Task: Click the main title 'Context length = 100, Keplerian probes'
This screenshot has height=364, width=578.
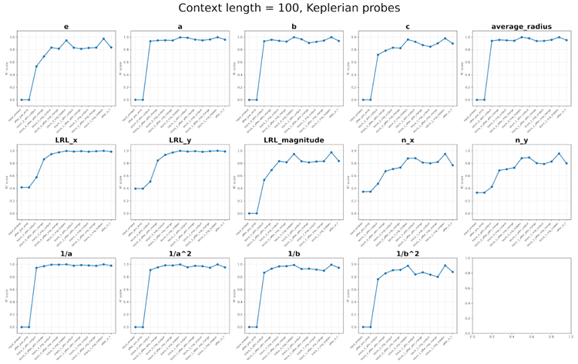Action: [x=289, y=8]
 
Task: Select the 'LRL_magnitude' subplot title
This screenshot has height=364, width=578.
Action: [x=294, y=141]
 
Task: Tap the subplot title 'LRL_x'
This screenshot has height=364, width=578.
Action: [x=67, y=141]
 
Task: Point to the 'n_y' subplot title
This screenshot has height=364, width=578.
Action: [x=521, y=141]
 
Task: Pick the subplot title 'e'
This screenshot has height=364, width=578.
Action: [x=67, y=27]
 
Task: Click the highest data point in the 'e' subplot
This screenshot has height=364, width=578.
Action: [x=104, y=38]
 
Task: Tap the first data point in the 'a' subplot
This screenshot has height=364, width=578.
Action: [x=135, y=100]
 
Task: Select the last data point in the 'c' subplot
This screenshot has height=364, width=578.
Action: [x=453, y=43]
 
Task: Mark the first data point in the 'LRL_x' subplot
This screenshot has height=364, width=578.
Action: [x=22, y=187]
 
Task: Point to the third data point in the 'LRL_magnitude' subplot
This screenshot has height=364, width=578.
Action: [x=264, y=180]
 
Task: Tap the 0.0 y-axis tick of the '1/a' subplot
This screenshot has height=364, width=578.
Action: [x=12, y=327]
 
